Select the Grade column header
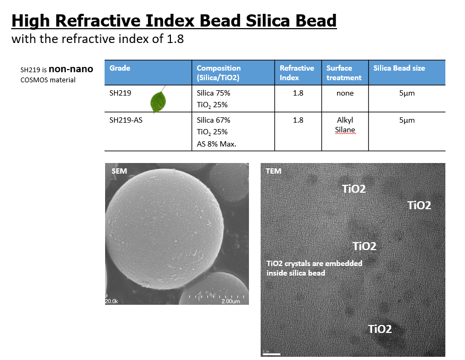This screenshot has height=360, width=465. [x=120, y=68]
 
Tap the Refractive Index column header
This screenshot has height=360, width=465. [x=297, y=73]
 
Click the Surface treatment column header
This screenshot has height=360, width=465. [x=344, y=73]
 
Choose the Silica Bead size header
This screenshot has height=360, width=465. [x=399, y=68]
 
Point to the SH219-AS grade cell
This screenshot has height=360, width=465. [x=126, y=120]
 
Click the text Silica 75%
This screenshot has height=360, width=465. [x=213, y=93]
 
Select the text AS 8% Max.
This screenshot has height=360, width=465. [x=217, y=144]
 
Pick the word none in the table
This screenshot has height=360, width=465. [x=345, y=93]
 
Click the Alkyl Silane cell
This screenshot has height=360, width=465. [x=345, y=125]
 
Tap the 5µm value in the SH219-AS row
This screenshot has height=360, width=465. [x=407, y=120]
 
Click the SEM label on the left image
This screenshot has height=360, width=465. [x=119, y=171]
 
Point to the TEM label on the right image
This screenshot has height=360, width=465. [x=273, y=171]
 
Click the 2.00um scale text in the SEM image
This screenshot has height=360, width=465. [x=231, y=301]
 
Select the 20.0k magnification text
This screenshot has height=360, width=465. [x=111, y=301]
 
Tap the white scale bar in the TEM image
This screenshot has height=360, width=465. [x=272, y=354]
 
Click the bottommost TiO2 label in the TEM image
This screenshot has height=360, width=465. [x=380, y=329]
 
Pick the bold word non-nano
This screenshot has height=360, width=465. [x=71, y=69]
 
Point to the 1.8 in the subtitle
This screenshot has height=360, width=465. [x=175, y=39]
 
